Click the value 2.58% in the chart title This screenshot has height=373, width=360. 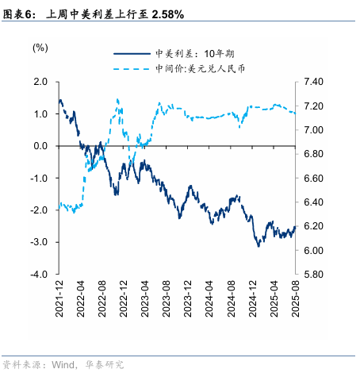(167, 14)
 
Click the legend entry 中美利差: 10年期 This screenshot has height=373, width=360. (199, 55)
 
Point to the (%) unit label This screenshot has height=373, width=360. (39, 48)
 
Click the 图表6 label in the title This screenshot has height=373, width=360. (19, 14)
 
